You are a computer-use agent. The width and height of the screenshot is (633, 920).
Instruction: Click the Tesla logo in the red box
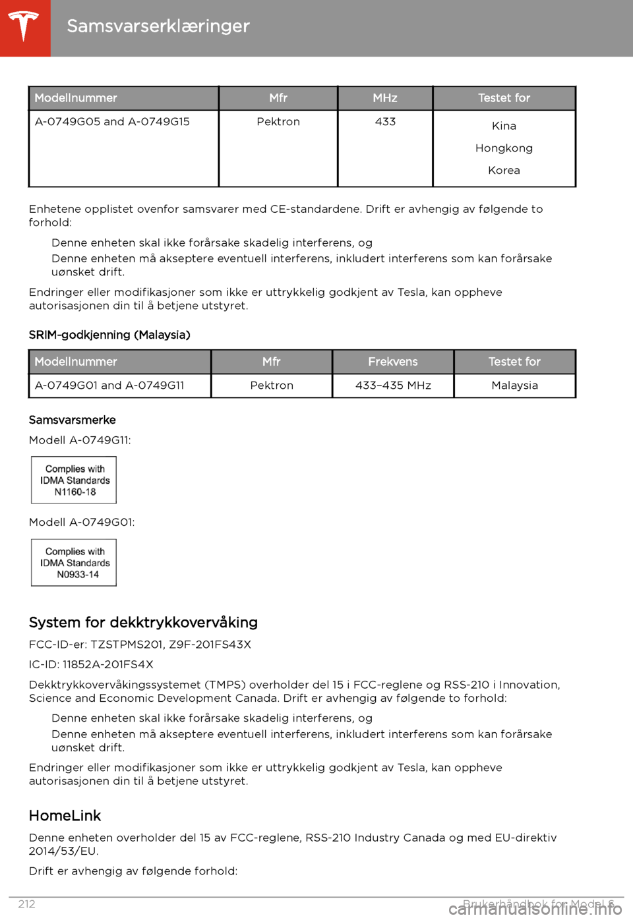click(24, 27)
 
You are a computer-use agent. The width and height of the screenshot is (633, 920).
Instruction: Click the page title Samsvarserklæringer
click(158, 26)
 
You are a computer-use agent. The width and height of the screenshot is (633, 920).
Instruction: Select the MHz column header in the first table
click(385, 98)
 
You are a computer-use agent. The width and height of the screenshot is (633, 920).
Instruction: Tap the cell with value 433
click(385, 122)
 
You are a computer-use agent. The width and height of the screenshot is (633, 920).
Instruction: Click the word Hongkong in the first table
click(504, 148)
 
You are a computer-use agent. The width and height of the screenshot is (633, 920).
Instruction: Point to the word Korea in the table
click(504, 171)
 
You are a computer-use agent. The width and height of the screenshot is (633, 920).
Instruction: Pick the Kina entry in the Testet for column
click(504, 126)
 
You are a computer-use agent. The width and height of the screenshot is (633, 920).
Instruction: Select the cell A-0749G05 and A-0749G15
click(112, 122)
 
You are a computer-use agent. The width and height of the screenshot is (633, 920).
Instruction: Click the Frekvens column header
click(393, 362)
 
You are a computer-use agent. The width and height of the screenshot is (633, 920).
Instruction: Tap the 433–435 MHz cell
click(393, 386)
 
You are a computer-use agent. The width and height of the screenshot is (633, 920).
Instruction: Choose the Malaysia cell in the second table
click(514, 386)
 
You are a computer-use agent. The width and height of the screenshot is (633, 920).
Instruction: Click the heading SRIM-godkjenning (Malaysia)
click(109, 335)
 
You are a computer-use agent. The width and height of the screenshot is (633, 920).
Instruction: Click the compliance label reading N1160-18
click(74, 480)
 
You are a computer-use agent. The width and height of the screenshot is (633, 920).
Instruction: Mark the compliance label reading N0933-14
click(74, 563)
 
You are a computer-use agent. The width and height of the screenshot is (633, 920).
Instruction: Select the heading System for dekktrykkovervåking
click(143, 623)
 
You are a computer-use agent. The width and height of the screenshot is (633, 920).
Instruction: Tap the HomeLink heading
click(65, 816)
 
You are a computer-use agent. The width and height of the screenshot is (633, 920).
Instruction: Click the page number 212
click(26, 904)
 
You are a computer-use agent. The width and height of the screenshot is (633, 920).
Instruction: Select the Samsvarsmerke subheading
click(72, 420)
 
